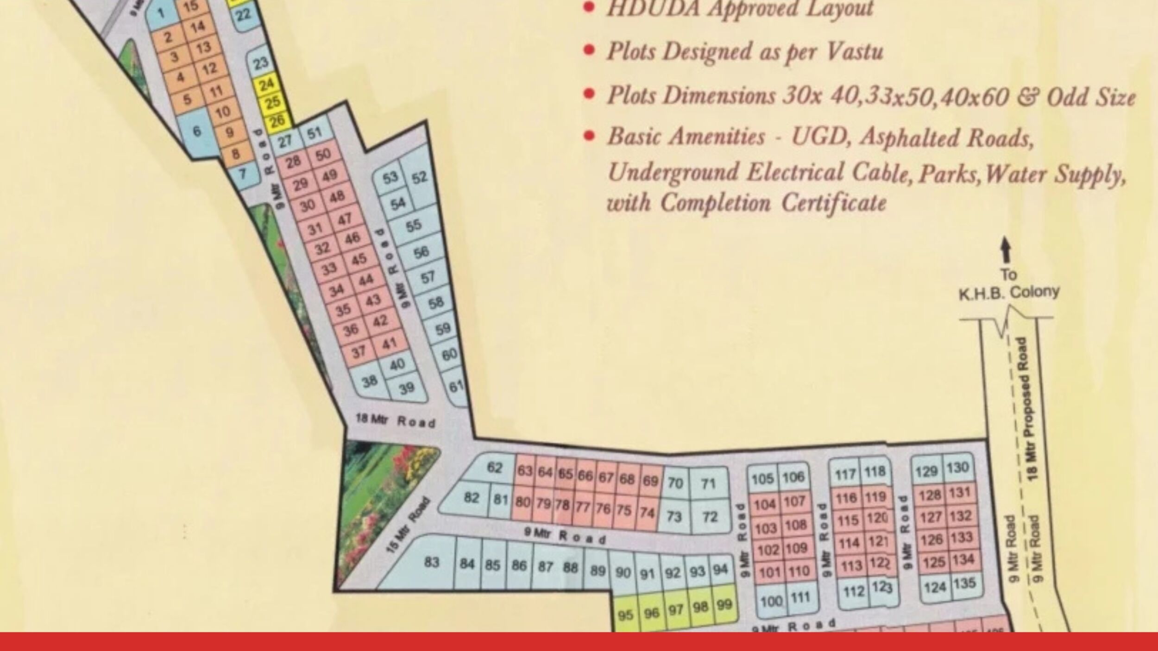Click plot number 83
click(431, 562)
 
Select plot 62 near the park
click(494, 468)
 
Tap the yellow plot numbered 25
click(273, 102)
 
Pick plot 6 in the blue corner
click(197, 131)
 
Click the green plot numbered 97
click(676, 610)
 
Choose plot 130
click(957, 468)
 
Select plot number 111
click(800, 598)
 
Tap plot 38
click(370, 382)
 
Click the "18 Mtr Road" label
click(396, 421)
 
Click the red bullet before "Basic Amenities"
click(589, 137)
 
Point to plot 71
click(709, 484)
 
